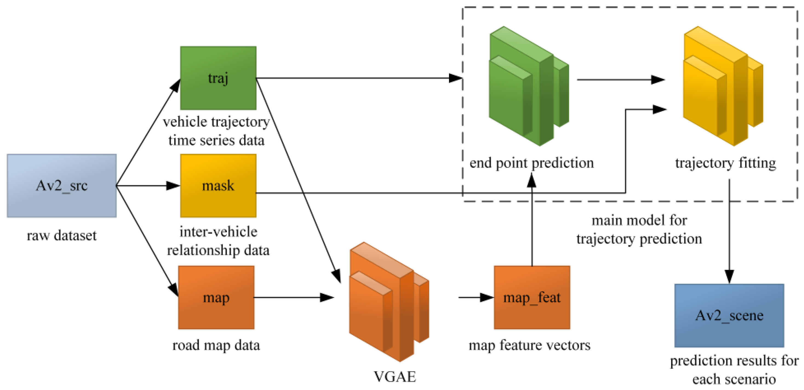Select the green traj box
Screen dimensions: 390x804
pos(218,78)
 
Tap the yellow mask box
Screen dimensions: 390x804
pos(218,186)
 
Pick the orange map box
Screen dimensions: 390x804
pos(216,297)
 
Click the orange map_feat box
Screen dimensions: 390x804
pos(532,297)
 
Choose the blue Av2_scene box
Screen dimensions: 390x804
pos(729,315)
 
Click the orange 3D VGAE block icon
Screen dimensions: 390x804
pos(389,302)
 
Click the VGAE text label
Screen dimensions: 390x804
pos(395,377)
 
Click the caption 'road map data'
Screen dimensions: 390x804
pos(216,345)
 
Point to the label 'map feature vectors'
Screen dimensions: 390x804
pos(529,345)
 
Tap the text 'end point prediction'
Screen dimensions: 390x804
pos(531,163)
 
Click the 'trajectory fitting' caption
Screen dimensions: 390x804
pos(725,163)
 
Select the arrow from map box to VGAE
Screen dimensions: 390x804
pos(293,297)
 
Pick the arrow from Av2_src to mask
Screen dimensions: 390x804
pos(147,186)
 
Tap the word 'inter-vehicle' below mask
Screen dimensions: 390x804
pos(218,232)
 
